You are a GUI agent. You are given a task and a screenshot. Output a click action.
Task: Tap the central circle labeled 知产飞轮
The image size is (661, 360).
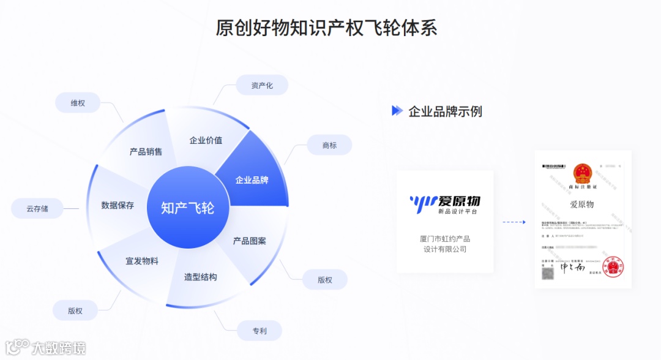pos(188,208)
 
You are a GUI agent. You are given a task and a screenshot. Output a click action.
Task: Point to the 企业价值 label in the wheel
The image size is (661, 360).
pos(206,140)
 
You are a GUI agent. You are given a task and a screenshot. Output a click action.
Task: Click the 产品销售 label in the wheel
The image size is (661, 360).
pos(146,152)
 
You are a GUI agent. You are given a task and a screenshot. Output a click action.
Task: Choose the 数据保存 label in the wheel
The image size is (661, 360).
pos(118,205)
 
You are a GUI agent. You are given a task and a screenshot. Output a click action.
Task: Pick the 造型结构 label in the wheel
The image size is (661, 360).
pos(201,277)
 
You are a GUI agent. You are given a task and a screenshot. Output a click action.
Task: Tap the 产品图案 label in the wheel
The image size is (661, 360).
pos(250,241)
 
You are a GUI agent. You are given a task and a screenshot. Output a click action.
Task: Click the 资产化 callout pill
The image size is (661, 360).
pos(262,85)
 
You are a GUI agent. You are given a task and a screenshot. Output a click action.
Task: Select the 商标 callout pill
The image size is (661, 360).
pos(329,145)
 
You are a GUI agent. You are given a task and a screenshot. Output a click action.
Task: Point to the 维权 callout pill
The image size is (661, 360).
pos(78,103)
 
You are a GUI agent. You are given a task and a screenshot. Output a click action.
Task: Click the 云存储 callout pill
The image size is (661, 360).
pos(37,209)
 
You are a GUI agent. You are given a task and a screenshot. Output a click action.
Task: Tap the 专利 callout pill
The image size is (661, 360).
pos(260,331)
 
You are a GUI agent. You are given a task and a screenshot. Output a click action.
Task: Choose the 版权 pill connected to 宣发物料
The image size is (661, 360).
pos(75,311)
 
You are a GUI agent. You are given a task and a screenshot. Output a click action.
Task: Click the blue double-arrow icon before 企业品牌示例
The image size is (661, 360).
pos(397,111)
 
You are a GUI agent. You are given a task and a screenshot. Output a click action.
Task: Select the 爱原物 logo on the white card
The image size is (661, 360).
pos(445,203)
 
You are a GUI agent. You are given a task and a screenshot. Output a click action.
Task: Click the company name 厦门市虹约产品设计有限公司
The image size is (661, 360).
pos(445,244)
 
